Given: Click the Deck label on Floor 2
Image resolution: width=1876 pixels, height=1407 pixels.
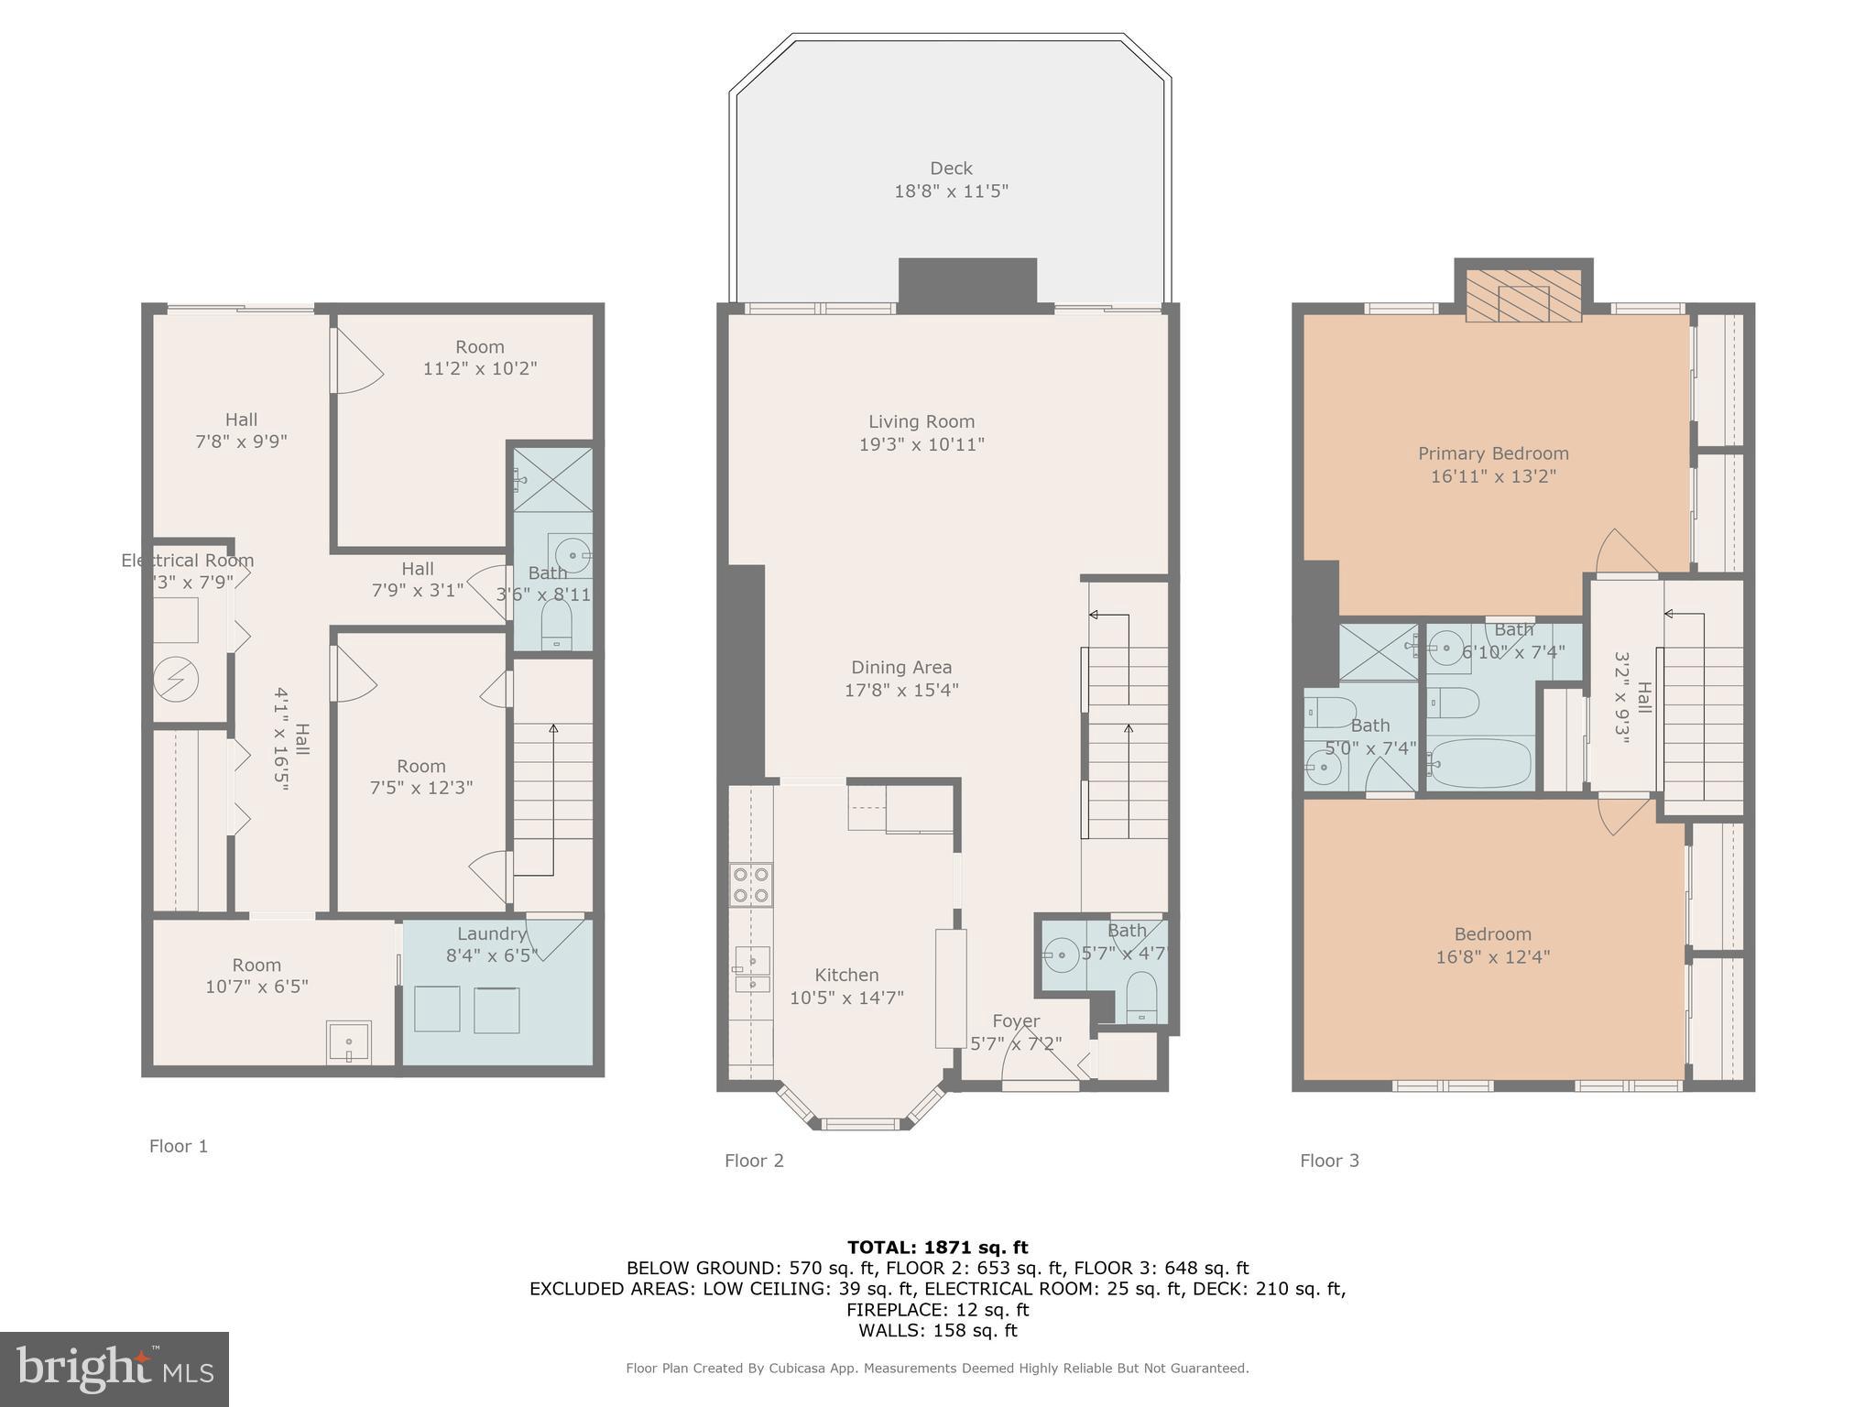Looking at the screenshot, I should tap(951, 169).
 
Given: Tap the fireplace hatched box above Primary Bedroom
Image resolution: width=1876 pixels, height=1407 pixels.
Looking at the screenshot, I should tap(1523, 295).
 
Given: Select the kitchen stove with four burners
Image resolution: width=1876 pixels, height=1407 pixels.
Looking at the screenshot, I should tap(751, 885).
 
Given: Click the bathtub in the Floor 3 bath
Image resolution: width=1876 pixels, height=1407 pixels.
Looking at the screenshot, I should tap(1479, 763).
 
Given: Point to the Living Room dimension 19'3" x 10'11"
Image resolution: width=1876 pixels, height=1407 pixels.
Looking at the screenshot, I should tap(921, 445).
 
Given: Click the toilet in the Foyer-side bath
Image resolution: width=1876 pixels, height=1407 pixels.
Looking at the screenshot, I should tap(1141, 997).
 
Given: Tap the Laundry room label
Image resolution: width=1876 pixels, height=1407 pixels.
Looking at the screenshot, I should tap(491, 933).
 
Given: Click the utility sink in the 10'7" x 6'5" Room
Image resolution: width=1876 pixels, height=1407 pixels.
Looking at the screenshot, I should tap(349, 1042).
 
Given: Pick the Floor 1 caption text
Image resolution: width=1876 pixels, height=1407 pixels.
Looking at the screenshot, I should tap(179, 1146).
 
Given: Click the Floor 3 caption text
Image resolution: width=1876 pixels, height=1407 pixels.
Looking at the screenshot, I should tap(1329, 1161).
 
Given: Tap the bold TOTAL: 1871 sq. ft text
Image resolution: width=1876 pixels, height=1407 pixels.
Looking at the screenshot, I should tap(937, 1247).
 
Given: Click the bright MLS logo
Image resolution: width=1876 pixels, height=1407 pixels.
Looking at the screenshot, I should tap(115, 1369).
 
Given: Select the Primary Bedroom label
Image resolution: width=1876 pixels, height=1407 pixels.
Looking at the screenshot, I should tap(1493, 453).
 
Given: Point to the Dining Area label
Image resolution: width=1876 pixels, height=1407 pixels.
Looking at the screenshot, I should tap(901, 668).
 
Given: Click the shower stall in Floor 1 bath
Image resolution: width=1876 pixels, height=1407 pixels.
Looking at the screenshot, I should tap(552, 479).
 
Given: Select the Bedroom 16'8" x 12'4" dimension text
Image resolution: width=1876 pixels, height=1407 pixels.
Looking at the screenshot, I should tap(1493, 957).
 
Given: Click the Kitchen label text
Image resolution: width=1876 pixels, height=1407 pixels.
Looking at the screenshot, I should tap(846, 975).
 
